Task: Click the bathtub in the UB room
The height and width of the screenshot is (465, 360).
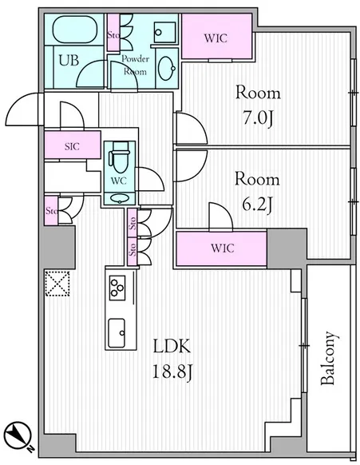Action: click(75, 29)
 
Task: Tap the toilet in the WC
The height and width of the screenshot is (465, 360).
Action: click(120, 157)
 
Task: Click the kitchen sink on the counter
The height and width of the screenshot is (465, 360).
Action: click(117, 333)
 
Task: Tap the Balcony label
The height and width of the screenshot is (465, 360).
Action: click(330, 358)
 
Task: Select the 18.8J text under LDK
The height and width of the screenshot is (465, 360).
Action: click(173, 372)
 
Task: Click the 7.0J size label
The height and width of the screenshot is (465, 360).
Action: click(258, 119)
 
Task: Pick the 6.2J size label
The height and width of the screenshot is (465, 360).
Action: click(257, 205)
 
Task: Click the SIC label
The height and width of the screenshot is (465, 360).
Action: click(73, 146)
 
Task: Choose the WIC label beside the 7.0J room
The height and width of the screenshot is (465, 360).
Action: click(216, 38)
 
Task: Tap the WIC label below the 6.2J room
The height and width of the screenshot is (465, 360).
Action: click(223, 248)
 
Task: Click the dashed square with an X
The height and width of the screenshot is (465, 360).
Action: click(57, 283)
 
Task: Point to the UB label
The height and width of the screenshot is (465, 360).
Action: click(69, 60)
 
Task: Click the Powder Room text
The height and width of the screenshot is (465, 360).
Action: click(135, 66)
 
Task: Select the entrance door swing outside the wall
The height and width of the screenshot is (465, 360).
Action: click(22, 109)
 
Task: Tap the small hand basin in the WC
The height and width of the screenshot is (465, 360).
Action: click(120, 198)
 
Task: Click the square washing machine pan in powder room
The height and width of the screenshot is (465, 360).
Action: click(165, 32)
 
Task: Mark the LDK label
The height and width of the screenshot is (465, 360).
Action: click(172, 347)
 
